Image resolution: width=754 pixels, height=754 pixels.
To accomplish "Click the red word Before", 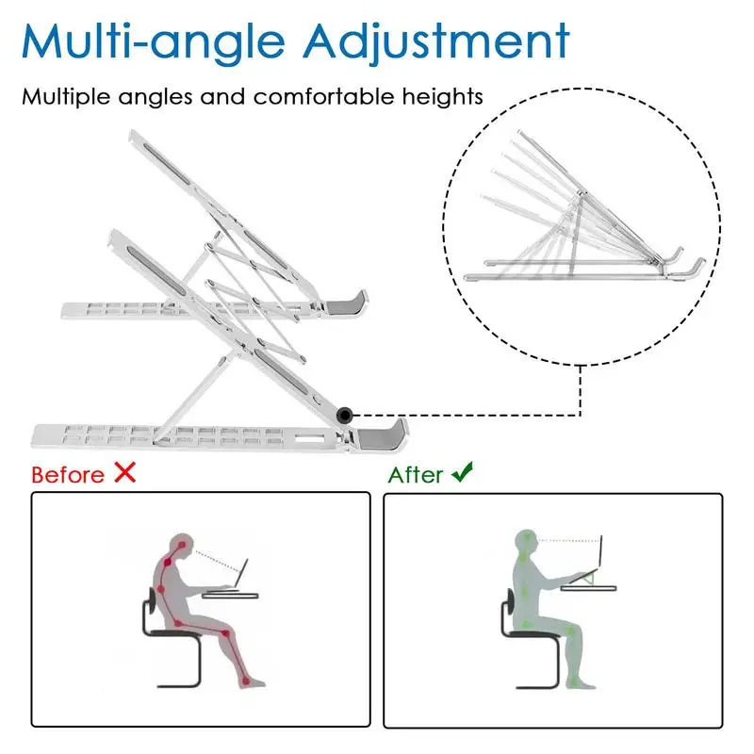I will [68, 474].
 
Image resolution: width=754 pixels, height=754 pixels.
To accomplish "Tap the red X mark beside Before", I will [124, 473].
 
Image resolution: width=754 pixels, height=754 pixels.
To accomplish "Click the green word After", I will [416, 474].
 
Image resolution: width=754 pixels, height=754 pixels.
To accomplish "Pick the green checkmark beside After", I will [462, 473].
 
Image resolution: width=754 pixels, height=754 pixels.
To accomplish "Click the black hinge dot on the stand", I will [345, 414].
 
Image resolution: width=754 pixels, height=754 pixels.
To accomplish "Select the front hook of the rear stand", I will [351, 303].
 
